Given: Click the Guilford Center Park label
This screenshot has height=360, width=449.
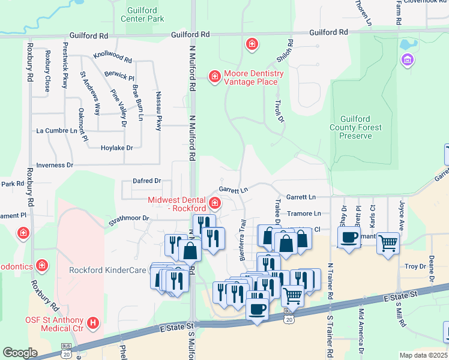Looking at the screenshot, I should click(x=146, y=15).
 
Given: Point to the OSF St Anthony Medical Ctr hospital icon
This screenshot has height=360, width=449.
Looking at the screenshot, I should click(x=93, y=323).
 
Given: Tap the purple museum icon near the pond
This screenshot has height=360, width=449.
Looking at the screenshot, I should click(x=408, y=60).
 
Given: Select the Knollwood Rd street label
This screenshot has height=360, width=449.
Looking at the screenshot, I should click(x=112, y=58).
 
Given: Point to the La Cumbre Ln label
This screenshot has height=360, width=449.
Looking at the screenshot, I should click(x=58, y=130).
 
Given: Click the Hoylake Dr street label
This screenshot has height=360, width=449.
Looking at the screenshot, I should click(x=116, y=148).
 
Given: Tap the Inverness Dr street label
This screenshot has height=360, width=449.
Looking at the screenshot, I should click(x=55, y=164).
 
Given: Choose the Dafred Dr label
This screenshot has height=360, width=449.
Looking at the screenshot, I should click(x=147, y=181).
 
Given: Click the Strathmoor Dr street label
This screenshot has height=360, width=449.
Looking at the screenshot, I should click(x=128, y=218).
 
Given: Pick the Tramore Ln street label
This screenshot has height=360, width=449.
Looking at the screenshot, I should click(x=304, y=214).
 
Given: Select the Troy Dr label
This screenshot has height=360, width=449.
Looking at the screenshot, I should click(x=415, y=266).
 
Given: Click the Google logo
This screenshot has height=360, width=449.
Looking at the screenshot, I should click(x=20, y=353).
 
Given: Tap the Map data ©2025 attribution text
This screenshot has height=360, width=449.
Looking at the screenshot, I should click(x=423, y=355).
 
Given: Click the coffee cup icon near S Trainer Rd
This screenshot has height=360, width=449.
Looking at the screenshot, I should click(x=349, y=236).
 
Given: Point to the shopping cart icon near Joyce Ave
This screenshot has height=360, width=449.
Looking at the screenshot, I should click(x=388, y=242).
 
